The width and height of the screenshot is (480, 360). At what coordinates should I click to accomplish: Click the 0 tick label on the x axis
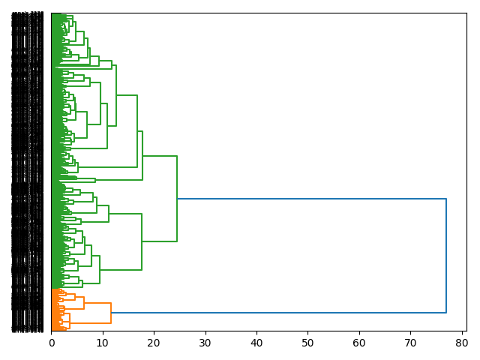(x=52, y=343)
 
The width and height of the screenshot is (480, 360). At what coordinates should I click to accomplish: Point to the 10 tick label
(x=103, y=343)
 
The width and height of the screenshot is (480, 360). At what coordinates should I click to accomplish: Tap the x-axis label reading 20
(x=154, y=343)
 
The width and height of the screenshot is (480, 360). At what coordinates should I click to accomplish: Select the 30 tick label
(x=205, y=343)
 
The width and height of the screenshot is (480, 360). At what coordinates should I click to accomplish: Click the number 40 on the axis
(x=256, y=343)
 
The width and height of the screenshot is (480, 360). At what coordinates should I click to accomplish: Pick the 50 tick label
(x=307, y=343)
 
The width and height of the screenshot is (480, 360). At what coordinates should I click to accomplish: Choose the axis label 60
(x=359, y=343)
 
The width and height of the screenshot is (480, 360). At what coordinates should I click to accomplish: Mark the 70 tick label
(x=410, y=343)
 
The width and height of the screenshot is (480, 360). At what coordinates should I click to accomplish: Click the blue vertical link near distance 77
(x=446, y=255)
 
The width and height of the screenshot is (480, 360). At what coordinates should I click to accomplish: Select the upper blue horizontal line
(x=311, y=199)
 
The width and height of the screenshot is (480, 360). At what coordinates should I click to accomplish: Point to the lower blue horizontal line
(x=277, y=312)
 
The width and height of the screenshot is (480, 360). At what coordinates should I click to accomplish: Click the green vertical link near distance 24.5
(x=177, y=199)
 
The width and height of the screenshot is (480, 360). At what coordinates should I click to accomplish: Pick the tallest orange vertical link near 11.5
(x=111, y=313)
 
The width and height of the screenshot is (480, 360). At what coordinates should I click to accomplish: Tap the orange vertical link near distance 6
(x=84, y=303)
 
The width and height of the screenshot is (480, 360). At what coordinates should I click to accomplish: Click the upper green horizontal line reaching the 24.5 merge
(x=160, y=156)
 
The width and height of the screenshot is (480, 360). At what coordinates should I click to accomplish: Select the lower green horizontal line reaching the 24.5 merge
(x=159, y=241)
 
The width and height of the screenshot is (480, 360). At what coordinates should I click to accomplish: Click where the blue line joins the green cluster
(x=177, y=199)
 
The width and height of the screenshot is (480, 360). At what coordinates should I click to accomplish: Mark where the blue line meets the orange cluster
(x=111, y=312)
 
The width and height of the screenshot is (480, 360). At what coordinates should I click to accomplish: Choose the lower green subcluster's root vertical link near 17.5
(x=142, y=241)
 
